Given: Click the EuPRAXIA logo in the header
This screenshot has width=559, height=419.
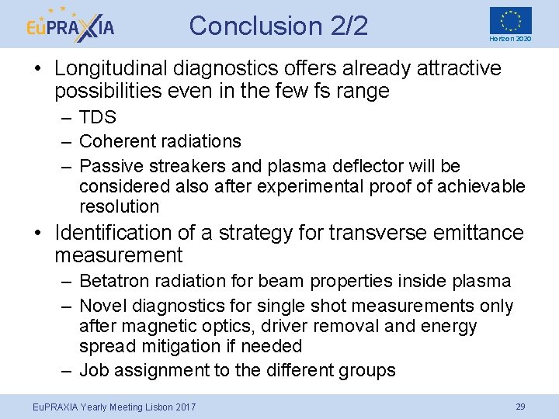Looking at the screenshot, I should click(69, 25).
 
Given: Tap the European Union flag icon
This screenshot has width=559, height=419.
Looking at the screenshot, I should click(510, 19).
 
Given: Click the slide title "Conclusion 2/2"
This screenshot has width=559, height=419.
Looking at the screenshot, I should click(279, 26).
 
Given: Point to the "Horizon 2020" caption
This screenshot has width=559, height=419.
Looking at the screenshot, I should click(510, 39).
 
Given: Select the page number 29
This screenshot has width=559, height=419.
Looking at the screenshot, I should click(521, 407).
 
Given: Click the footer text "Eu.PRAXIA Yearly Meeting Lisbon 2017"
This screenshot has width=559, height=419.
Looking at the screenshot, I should click(102, 407).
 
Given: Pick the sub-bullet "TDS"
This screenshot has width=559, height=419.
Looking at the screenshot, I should click(98, 118).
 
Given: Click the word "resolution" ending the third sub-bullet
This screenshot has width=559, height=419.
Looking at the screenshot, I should click(119, 206).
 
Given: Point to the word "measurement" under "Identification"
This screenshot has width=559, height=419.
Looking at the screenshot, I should click(119, 255).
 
